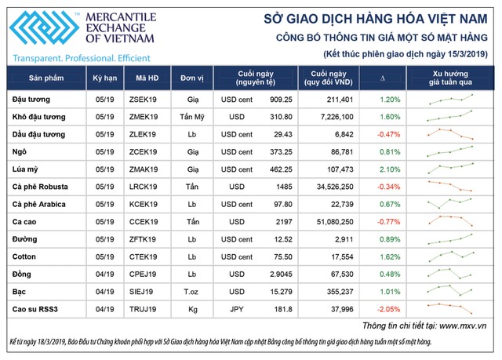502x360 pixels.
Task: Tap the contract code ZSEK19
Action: pyautogui.click(x=147, y=100)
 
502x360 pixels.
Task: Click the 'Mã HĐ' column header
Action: pyautogui.click(x=147, y=80)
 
